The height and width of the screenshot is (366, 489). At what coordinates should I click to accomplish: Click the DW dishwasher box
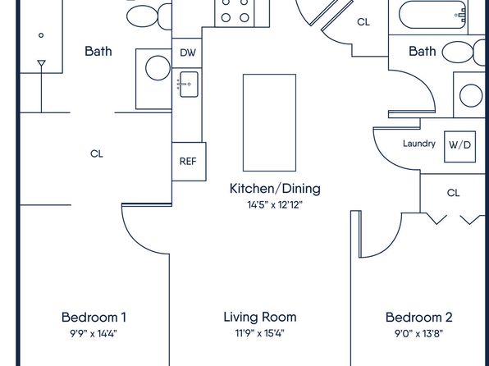point(188,52)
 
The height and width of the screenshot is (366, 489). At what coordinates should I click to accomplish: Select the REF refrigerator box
point(188,162)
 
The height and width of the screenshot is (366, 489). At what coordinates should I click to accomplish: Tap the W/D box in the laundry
point(459,145)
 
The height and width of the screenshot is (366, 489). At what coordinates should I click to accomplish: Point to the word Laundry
point(418,144)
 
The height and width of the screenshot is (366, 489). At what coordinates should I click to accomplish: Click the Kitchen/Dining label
point(274,189)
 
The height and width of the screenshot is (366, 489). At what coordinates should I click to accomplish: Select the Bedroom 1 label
point(94,317)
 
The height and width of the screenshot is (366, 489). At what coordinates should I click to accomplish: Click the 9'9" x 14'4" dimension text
point(94,334)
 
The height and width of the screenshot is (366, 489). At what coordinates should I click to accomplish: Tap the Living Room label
point(260,317)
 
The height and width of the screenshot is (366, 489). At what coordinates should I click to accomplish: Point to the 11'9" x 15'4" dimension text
point(260,334)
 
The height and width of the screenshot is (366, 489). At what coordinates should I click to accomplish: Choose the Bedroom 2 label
point(419,317)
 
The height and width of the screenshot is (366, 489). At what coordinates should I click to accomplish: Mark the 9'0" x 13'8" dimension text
point(419,334)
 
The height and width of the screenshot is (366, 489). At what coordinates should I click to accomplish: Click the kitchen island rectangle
point(257,121)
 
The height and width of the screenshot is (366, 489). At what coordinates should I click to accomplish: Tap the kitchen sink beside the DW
point(188,84)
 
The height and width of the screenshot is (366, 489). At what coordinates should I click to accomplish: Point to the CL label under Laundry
point(453,193)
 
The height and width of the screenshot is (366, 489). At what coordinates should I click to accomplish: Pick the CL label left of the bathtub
point(363,23)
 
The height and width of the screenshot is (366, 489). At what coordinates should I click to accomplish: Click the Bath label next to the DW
point(98,51)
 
